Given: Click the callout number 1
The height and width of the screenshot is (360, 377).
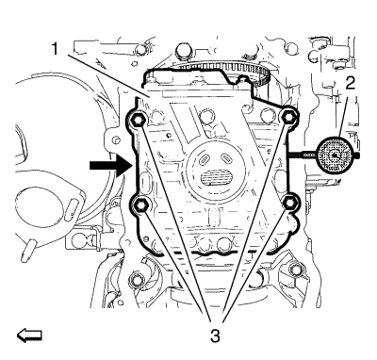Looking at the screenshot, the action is (55, 49).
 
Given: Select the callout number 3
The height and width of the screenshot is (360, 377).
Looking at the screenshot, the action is (215, 336).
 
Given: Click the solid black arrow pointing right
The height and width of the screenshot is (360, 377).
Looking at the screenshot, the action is (110, 165).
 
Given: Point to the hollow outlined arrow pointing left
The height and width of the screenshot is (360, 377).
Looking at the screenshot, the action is (29, 335).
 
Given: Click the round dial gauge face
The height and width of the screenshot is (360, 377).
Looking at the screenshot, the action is (336, 155).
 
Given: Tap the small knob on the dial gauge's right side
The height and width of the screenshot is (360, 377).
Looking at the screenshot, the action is (357, 155).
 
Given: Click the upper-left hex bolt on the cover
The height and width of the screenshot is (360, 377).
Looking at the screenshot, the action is (137, 119).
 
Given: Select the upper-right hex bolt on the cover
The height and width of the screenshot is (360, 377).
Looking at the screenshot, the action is (287, 117).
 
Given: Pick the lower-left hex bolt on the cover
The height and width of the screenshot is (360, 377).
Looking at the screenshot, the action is (139, 205).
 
